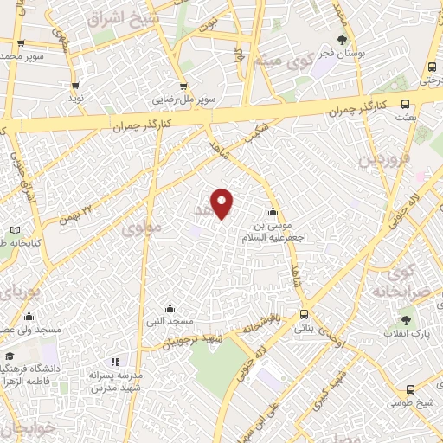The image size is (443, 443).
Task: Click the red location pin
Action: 223,203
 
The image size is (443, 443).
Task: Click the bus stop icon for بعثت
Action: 406,104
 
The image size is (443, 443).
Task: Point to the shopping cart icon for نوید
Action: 76,86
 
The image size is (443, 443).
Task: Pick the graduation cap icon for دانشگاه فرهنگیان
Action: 10,356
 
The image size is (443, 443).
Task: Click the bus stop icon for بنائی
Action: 304,315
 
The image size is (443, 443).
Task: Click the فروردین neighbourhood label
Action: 383,159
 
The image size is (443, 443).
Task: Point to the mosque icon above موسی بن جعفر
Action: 273,212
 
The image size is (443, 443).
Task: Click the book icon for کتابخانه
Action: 14,230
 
